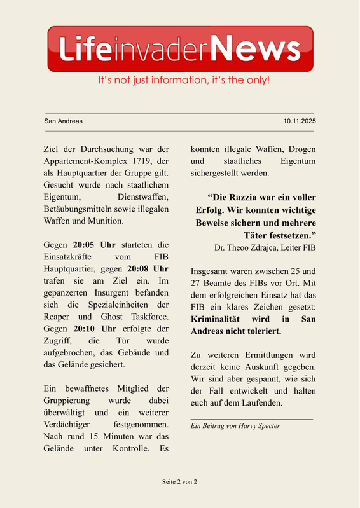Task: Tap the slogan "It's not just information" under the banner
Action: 184,81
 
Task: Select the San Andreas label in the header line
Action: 63,121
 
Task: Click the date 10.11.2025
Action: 300,121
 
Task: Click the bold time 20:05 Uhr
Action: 94,244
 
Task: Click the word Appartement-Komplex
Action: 85,161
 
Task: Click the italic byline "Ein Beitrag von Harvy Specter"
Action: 235,425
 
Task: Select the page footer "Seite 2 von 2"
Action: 180,482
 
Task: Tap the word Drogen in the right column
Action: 301,149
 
